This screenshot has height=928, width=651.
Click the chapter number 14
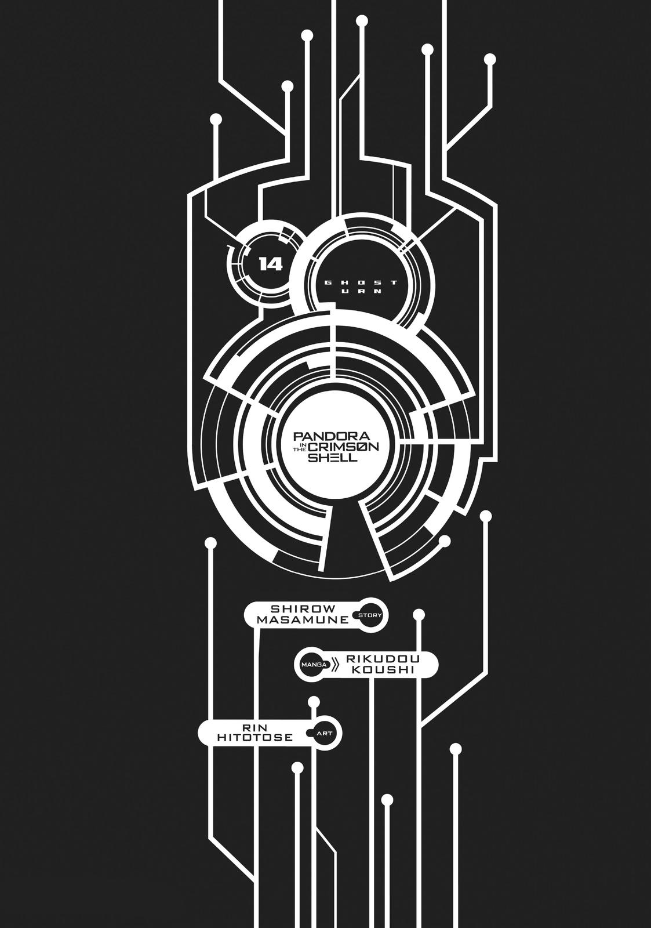pos(271,264)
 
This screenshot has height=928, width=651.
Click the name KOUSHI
pos(380,670)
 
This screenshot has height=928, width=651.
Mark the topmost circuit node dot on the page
pos(362,21)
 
